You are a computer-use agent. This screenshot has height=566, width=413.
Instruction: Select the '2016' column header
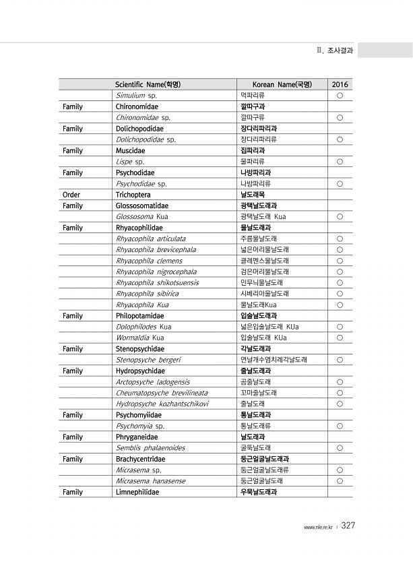(340, 85)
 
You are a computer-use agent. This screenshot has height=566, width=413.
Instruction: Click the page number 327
(348, 526)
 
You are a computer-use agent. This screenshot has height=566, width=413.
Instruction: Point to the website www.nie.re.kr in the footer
(318, 527)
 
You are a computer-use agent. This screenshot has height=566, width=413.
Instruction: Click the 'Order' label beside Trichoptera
(71, 195)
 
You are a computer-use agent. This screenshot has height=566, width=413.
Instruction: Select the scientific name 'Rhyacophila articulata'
(151, 239)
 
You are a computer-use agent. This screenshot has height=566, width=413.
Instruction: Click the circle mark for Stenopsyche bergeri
(340, 360)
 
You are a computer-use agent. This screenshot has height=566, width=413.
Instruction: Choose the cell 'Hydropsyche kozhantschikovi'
(162, 404)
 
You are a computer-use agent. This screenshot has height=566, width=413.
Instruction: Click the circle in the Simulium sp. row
(340, 96)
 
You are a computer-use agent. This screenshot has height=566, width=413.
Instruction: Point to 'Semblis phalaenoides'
(150, 448)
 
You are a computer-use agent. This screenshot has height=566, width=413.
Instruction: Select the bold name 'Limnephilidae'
(137, 492)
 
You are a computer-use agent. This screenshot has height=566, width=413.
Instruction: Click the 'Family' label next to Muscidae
(72, 151)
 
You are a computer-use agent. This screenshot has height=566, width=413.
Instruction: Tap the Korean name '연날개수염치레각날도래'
(274, 360)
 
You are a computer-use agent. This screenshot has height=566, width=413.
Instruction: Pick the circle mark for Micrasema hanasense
(340, 481)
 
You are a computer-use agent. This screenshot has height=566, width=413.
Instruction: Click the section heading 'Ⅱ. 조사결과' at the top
(334, 50)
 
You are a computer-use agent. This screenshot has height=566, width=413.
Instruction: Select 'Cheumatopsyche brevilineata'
(162, 393)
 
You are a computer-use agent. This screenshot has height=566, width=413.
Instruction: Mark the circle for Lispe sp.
(340, 162)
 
